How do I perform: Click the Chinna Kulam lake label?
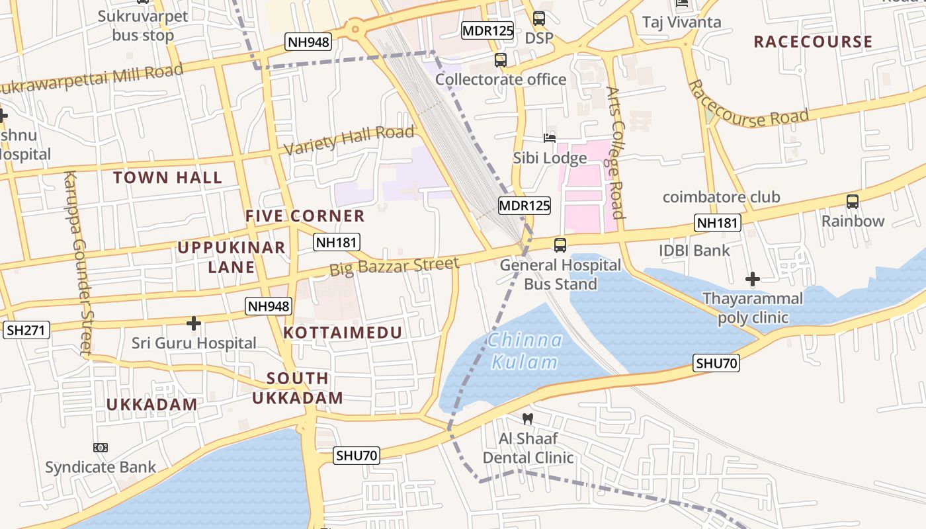point(526,351)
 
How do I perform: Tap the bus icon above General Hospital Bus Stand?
point(560,245)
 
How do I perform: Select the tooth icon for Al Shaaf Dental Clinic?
point(527,419)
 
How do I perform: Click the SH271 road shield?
point(26,330)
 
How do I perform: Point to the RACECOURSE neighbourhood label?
point(813,42)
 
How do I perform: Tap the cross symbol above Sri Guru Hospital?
point(193,323)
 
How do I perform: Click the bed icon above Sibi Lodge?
point(550,138)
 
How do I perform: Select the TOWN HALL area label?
point(167,177)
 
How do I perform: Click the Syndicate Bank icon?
point(101,448)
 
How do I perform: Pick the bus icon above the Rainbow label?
point(853,202)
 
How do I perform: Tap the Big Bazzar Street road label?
point(394,266)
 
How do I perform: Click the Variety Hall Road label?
point(349,140)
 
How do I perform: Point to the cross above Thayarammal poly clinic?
point(752,279)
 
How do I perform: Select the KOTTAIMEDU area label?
point(343,333)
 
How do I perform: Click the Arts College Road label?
point(616,152)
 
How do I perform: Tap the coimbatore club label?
point(721,197)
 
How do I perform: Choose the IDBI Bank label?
point(694,250)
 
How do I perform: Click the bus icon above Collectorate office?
point(501,60)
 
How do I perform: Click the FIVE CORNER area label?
point(305,216)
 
